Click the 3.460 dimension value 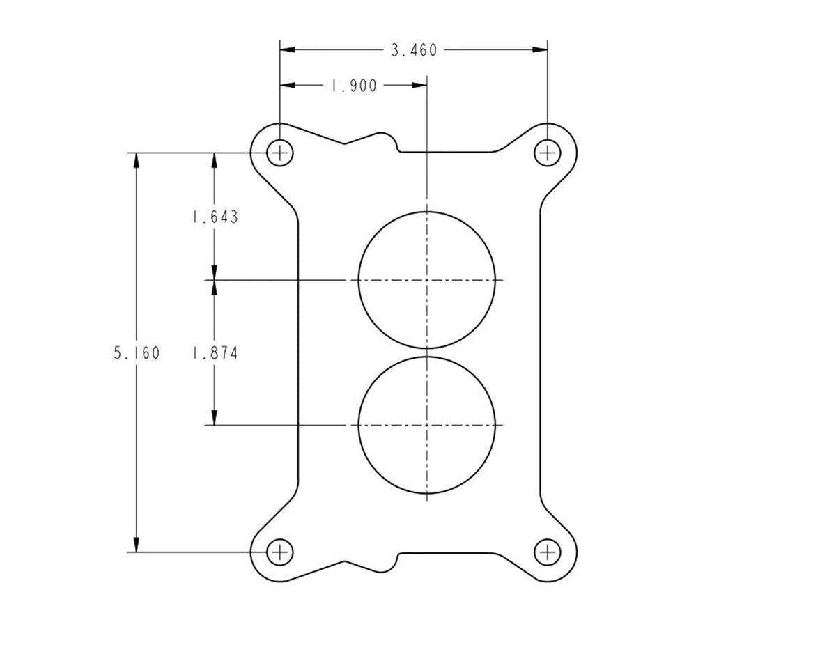[414, 50]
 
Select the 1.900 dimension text [354, 86]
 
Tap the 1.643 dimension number [215, 217]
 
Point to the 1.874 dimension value [215, 353]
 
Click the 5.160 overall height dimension [137, 353]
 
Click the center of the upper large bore [426, 280]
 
